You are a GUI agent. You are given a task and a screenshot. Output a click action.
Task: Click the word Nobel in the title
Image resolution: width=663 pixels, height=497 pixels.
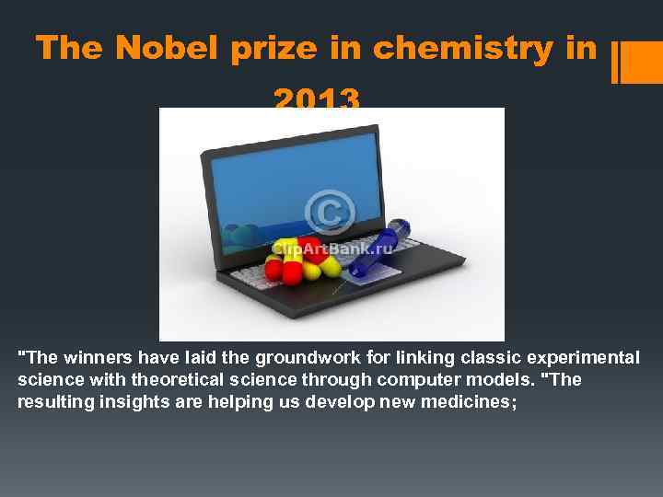point(169,48)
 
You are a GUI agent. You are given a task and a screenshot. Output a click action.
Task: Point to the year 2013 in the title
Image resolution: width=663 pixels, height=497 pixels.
point(317,97)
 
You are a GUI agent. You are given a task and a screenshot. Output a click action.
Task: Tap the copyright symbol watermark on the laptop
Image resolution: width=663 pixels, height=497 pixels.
point(330,211)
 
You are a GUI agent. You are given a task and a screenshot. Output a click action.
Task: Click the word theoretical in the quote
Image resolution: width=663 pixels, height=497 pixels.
point(171,379)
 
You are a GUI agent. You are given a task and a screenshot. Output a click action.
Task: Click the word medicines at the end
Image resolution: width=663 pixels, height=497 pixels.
point(474,401)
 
